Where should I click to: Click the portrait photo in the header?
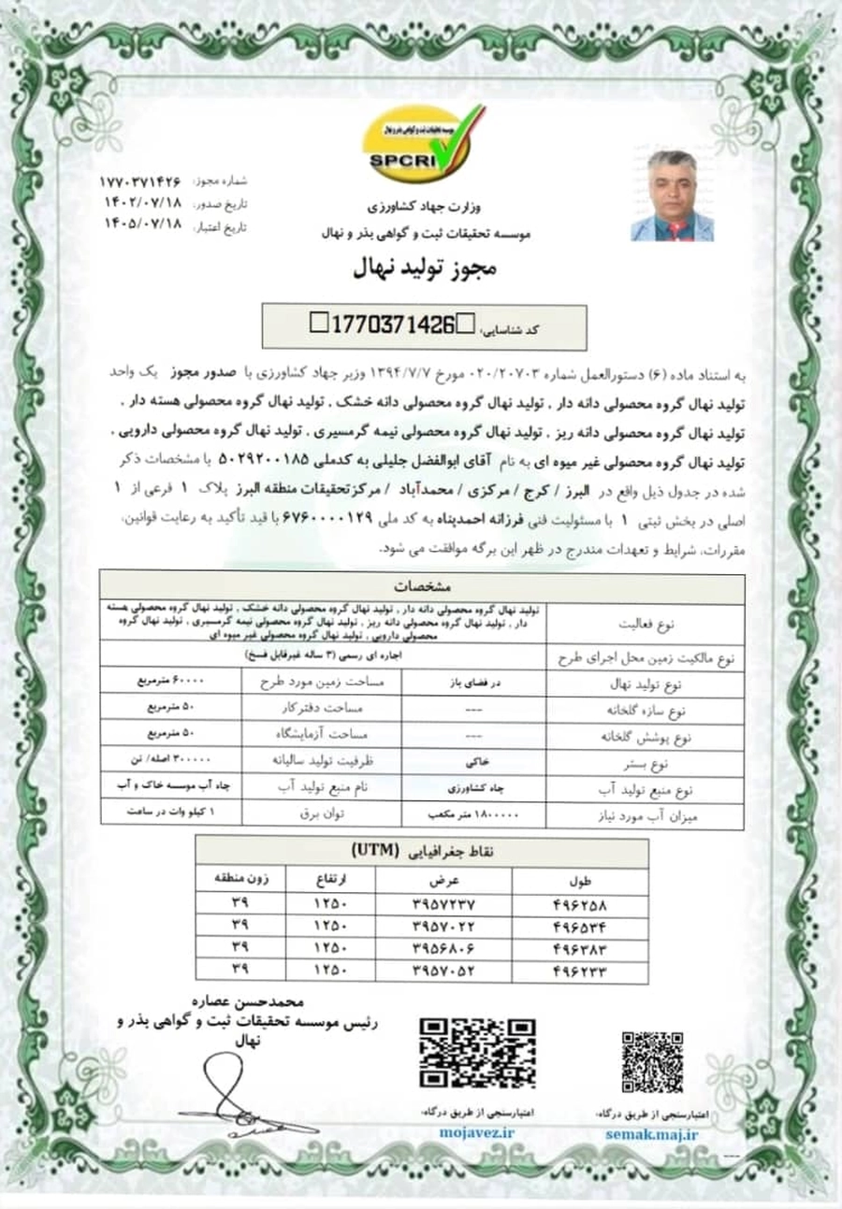click(672, 195)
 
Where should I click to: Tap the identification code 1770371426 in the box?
click(393, 324)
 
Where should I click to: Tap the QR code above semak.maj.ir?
click(652, 1061)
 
